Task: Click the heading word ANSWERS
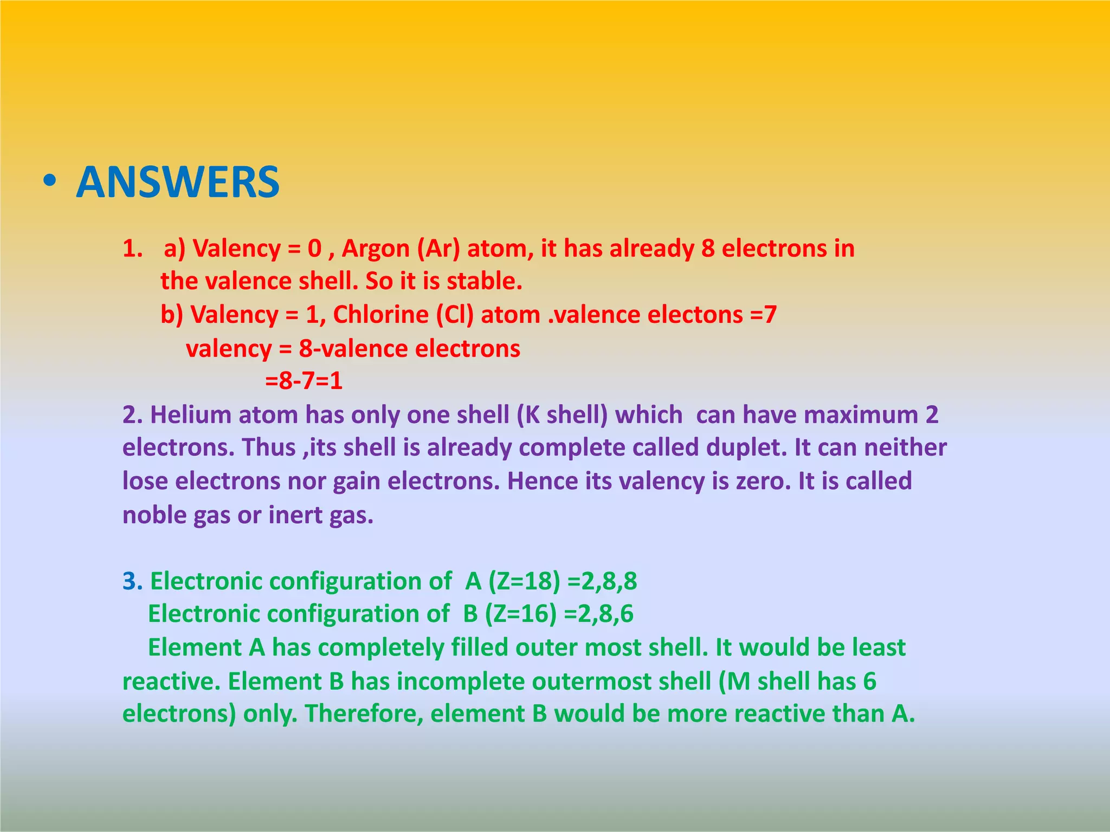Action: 178,182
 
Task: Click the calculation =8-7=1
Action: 304,381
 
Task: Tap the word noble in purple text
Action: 154,515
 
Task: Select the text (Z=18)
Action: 524,581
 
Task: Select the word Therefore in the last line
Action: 364,714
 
